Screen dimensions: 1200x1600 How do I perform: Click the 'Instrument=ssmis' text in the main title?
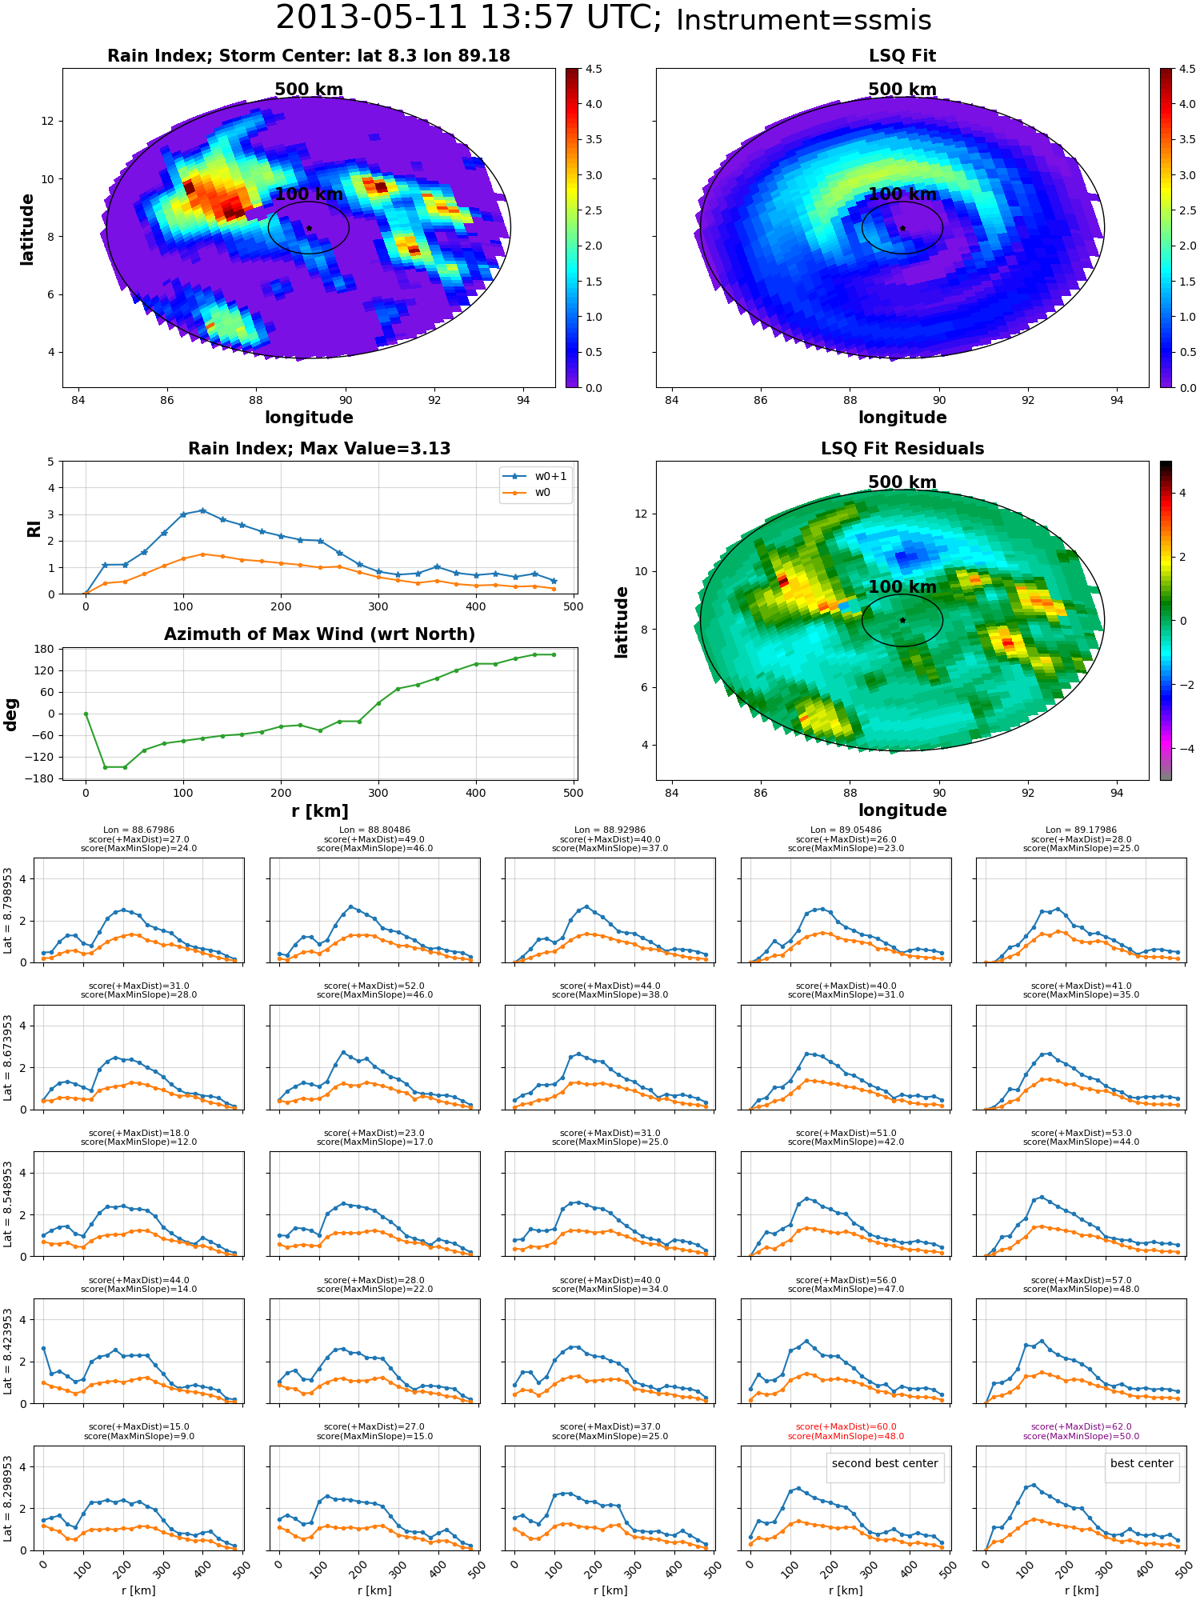coord(803,21)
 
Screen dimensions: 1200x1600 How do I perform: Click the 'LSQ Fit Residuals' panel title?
coord(902,449)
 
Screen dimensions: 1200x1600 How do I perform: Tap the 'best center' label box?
coord(1142,1463)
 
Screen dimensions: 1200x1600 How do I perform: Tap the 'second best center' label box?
coord(885,1463)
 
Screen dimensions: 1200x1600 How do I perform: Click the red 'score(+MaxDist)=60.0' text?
coord(846,1426)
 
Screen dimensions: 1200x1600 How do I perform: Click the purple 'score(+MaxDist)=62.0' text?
coord(1082,1426)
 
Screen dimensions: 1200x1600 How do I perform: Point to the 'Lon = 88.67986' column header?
coord(138,830)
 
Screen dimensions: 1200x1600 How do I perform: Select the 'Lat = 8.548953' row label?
coord(8,1204)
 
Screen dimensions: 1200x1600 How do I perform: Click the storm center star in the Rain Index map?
coord(309,228)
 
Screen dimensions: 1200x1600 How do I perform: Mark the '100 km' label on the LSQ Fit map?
coord(902,194)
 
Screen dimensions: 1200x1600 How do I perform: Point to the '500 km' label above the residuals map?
coord(902,482)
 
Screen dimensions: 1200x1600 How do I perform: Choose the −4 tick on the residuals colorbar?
coord(1182,749)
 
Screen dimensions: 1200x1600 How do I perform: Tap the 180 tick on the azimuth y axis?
coord(46,649)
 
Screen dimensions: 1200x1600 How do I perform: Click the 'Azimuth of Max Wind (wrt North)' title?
coord(319,634)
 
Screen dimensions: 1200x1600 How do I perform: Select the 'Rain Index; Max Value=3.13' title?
coord(319,449)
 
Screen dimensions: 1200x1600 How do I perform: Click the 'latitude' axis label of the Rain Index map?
coord(27,229)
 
